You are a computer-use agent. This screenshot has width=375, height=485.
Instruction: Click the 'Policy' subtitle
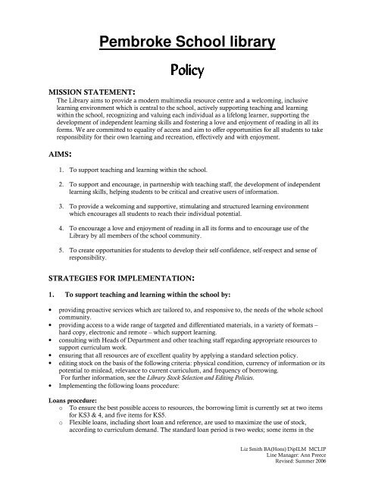pyautogui.click(x=187, y=72)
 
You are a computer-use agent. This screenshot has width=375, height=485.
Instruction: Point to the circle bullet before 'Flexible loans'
pyautogui.click(x=60, y=427)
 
